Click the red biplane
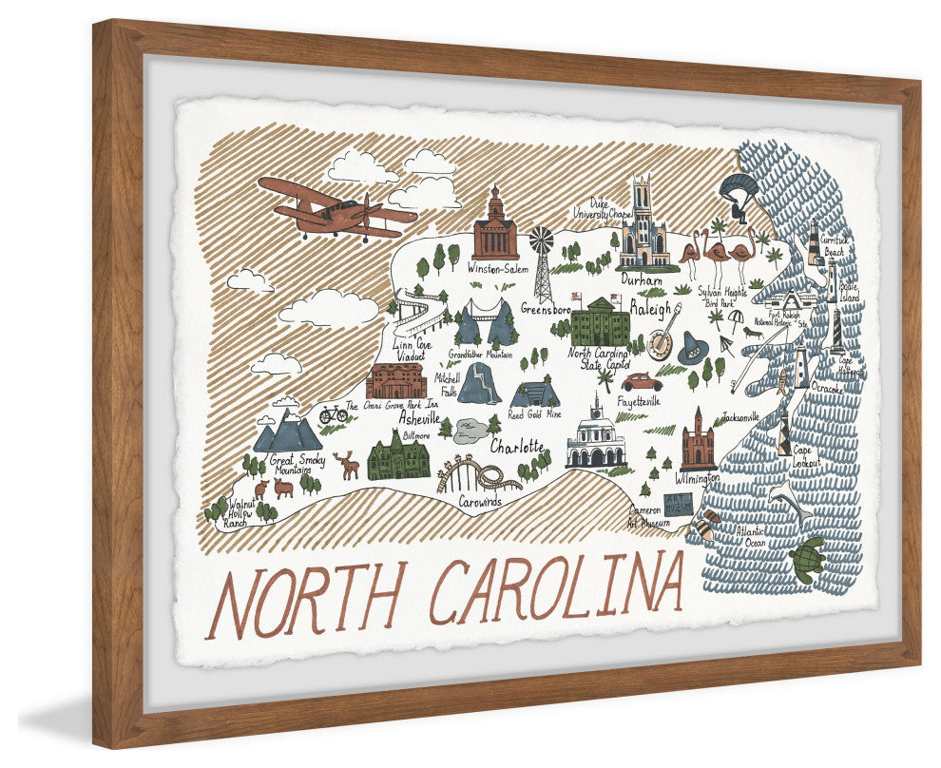tap(333, 210)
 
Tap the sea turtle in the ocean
tap(806, 559)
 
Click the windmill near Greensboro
tap(543, 262)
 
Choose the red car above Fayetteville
tap(642, 381)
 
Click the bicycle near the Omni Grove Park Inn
tap(334, 414)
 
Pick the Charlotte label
tap(517, 446)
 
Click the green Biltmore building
tap(397, 456)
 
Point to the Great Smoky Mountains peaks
tap(288, 432)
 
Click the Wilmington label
tap(699, 478)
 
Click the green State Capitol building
tap(600, 323)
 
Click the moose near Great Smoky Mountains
tap(348, 464)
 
